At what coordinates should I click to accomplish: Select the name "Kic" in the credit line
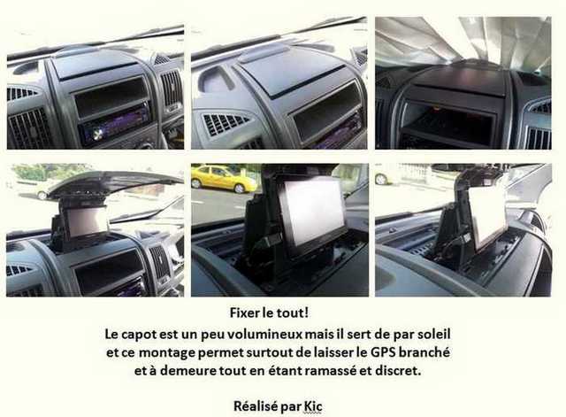pyautogui.click(x=312, y=405)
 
